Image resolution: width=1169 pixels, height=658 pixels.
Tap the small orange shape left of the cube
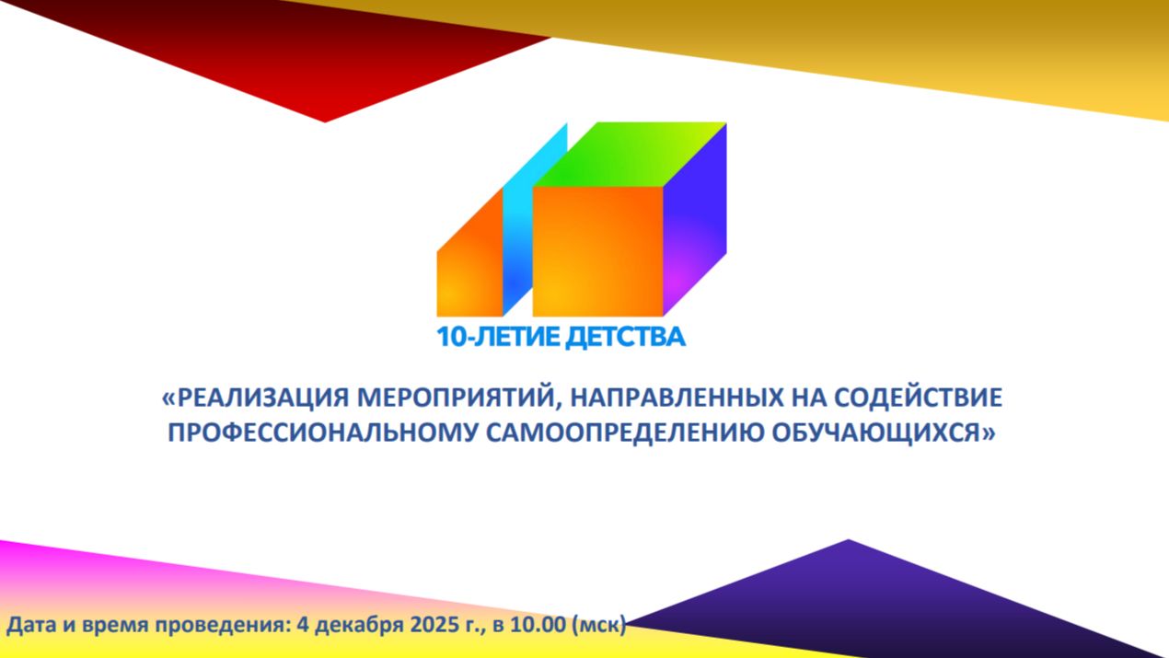tap(467, 267)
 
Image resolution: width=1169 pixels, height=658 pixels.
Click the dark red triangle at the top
tap(304, 64)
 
